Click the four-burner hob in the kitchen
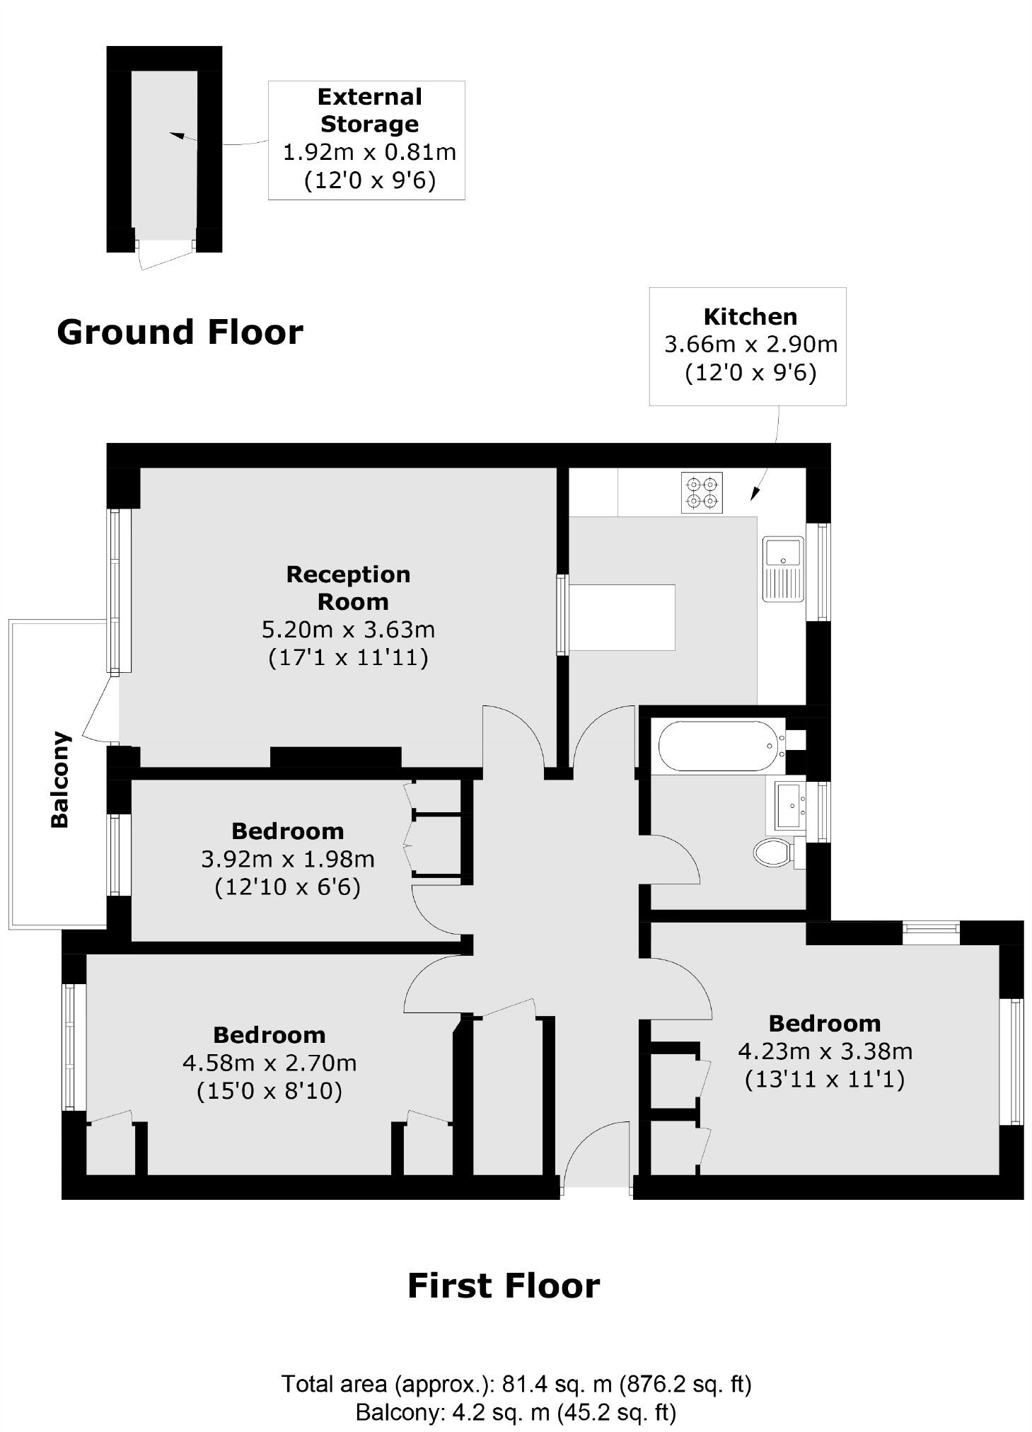702,492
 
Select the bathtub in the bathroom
718,745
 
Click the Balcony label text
60,779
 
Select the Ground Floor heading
180,332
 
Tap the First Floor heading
503,1286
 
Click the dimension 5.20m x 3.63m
348,629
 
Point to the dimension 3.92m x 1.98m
287,859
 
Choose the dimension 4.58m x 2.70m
269,1063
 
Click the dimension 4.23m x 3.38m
825,1051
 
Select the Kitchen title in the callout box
750,316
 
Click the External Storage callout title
369,110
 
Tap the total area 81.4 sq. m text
516,1383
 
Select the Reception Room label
348,587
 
